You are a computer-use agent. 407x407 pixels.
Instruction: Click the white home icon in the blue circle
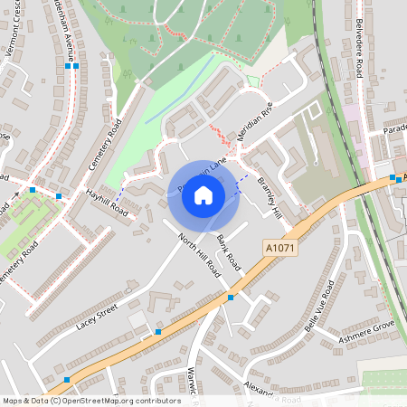pos(203,194)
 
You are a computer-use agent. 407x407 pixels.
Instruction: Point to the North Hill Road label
pos(199,254)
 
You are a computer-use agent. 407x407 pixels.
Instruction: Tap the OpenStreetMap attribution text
pos(91,401)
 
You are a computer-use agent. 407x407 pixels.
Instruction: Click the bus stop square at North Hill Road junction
pos(231,297)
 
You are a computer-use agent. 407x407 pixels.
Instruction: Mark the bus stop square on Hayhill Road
pos(59,196)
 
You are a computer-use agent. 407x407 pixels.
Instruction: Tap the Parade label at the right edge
pos(394,129)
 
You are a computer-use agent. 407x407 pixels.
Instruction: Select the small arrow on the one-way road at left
pos(15,194)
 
